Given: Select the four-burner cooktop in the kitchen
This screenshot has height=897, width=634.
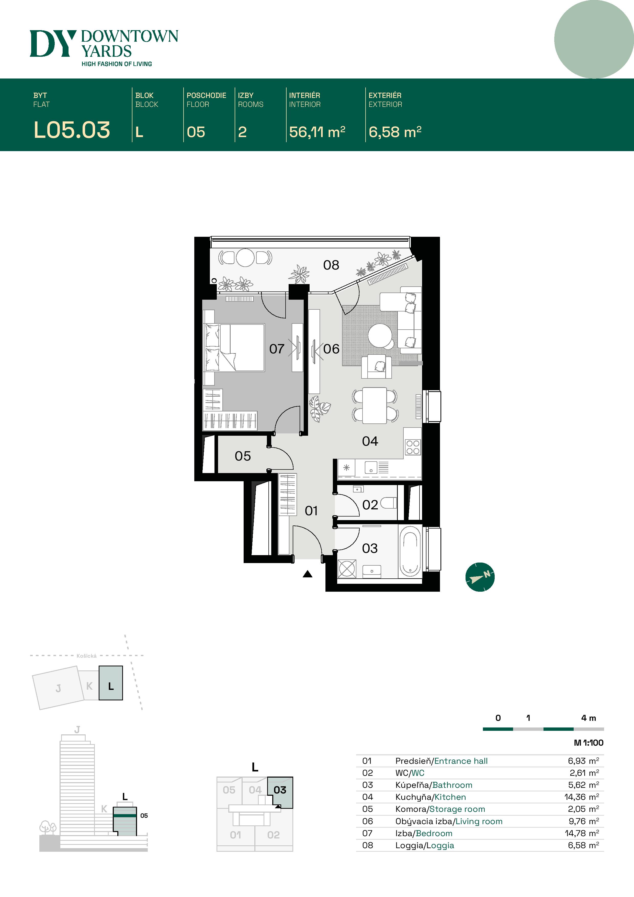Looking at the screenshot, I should [x=413, y=447].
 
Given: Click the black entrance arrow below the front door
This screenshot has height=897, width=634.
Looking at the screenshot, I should [x=308, y=574].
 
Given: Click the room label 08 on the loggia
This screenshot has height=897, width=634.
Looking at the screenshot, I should [x=331, y=265].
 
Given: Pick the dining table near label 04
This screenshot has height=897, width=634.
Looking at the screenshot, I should [x=374, y=406].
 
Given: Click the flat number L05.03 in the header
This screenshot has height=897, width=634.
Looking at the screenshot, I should [x=72, y=130].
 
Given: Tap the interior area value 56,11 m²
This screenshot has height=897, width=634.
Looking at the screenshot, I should [x=317, y=132].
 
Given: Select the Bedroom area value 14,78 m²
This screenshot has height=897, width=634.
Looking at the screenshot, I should [x=581, y=833].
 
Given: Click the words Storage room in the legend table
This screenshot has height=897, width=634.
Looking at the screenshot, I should [x=457, y=809].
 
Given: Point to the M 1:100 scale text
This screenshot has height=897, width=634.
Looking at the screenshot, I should [x=588, y=743].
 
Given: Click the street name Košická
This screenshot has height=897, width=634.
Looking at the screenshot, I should [x=86, y=656].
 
